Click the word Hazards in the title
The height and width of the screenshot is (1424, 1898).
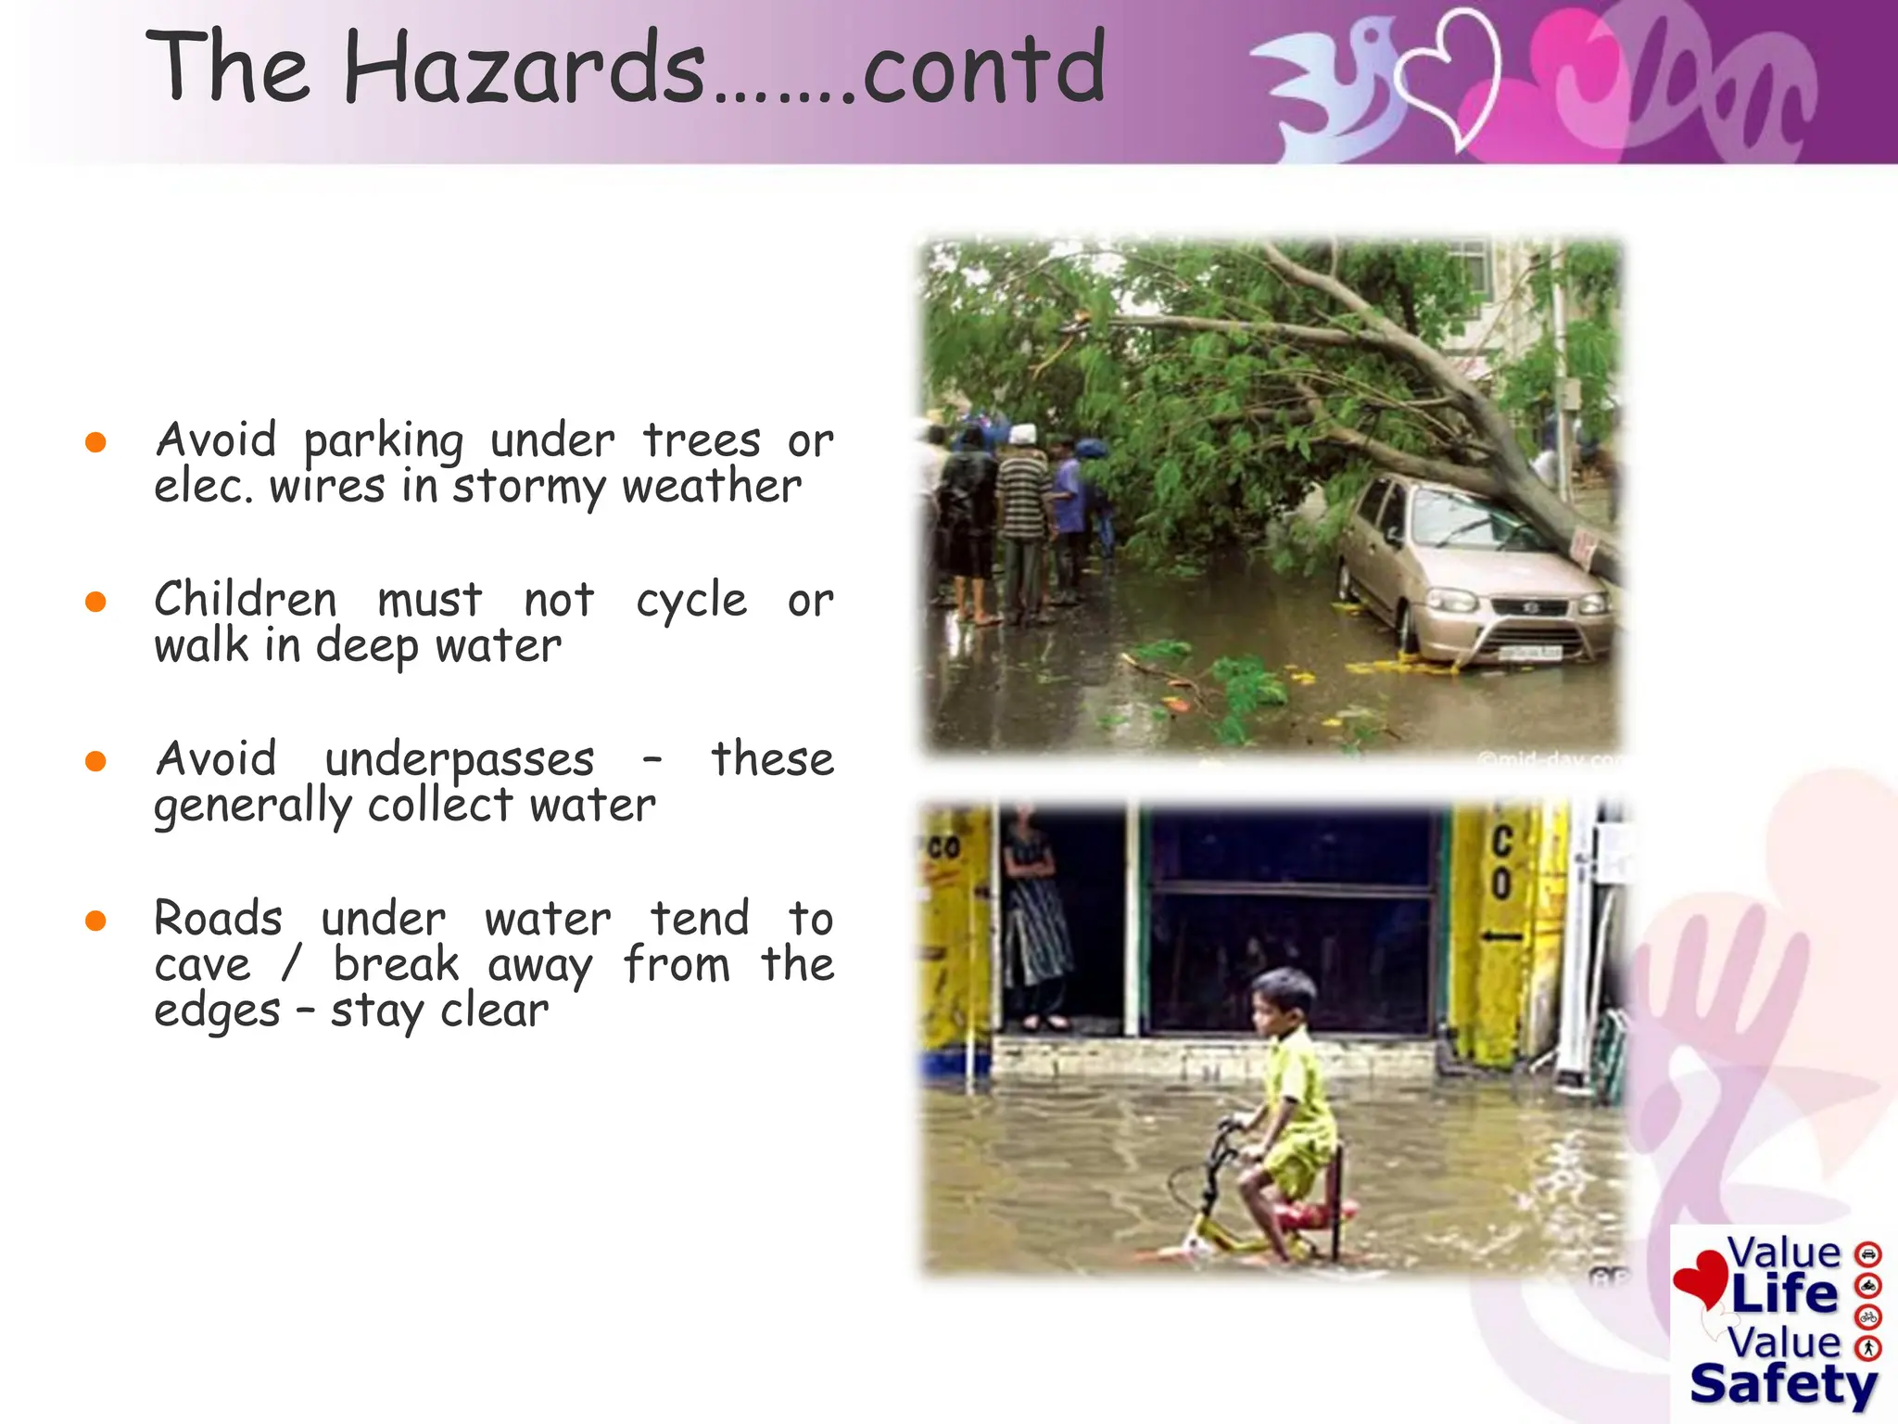pyautogui.click(x=525, y=67)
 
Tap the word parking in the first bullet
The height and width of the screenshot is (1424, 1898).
pyautogui.click(x=384, y=440)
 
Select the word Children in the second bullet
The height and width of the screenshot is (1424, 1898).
pyautogui.click(x=246, y=599)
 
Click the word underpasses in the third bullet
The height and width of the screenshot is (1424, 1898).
pyautogui.click(x=459, y=760)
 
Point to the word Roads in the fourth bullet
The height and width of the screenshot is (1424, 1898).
pyautogui.click(x=218, y=919)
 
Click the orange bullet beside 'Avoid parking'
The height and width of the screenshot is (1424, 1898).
pyautogui.click(x=95, y=442)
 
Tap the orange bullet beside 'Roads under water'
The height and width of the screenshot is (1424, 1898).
pyautogui.click(x=95, y=921)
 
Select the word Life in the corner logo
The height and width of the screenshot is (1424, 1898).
pyautogui.click(x=1783, y=1294)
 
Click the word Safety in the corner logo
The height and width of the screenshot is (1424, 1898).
pyautogui.click(x=1783, y=1385)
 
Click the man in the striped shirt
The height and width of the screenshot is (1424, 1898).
pyautogui.click(x=1024, y=519)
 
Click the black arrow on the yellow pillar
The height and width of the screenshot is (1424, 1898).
pyautogui.click(x=1501, y=936)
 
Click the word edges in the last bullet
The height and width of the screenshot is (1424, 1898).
pyautogui.click(x=217, y=1011)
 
